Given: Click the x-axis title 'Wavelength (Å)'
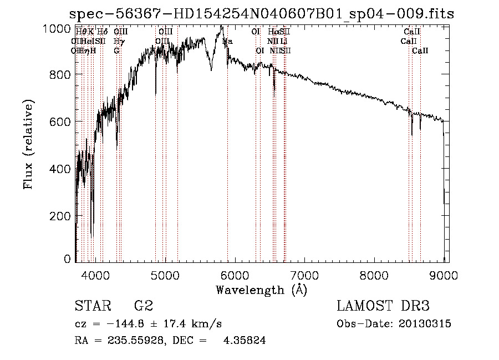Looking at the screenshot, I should (261, 290).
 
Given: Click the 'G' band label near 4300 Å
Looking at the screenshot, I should (116, 50).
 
